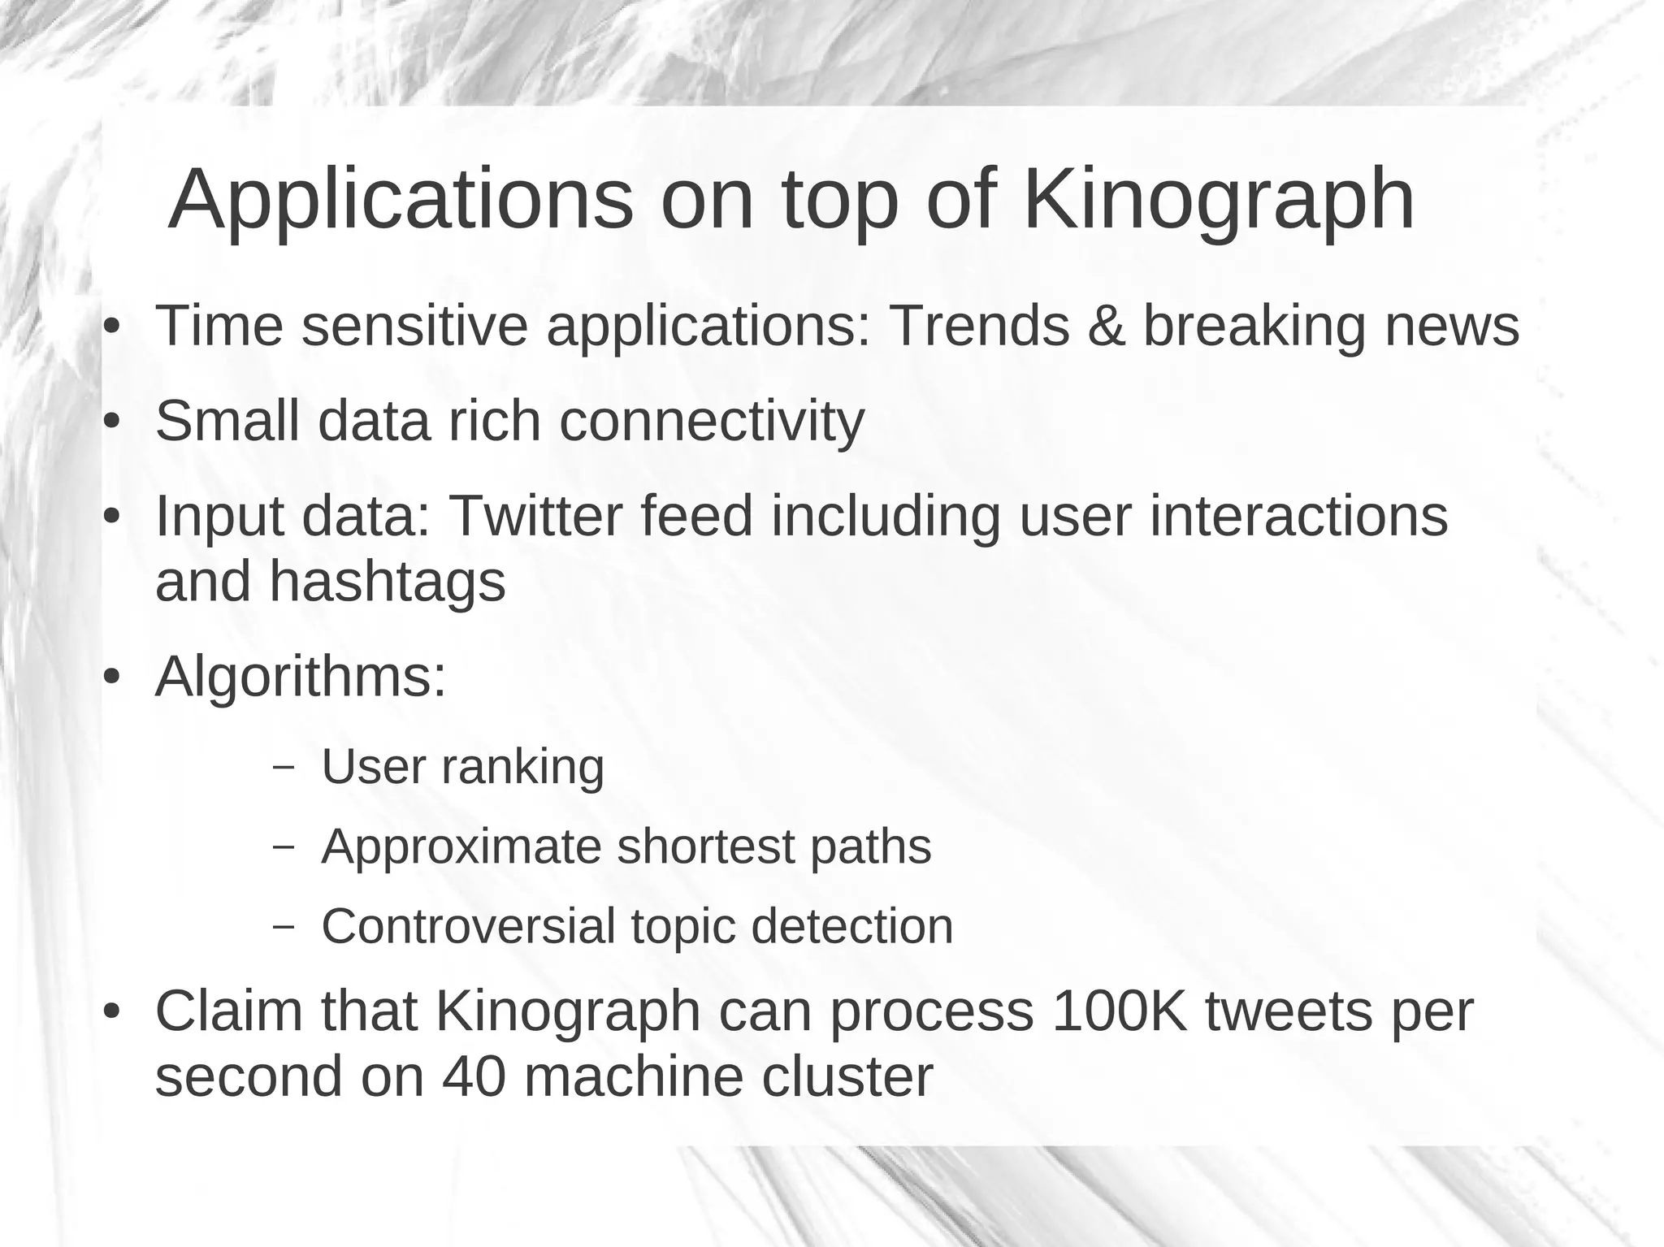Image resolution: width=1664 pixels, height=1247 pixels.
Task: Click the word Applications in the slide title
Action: coord(400,201)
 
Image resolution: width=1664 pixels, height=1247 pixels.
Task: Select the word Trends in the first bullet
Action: coord(979,326)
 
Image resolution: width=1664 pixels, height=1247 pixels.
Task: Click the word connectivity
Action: coord(712,422)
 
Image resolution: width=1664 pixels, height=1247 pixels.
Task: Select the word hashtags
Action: coord(387,582)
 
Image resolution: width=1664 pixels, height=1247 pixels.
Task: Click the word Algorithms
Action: coord(301,677)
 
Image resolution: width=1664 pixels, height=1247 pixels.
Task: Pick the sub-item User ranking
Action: coord(463,766)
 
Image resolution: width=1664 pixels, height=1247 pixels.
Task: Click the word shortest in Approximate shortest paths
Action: coord(705,846)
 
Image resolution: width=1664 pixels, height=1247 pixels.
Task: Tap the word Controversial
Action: coord(468,926)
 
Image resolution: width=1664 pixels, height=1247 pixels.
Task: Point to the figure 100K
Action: coord(1119,1011)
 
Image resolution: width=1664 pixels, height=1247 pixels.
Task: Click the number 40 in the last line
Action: coord(474,1077)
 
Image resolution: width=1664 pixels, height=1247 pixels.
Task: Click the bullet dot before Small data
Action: coord(112,422)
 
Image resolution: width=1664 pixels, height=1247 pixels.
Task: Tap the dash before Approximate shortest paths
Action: coord(284,847)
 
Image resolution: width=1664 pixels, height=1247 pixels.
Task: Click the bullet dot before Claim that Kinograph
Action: coord(112,1012)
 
